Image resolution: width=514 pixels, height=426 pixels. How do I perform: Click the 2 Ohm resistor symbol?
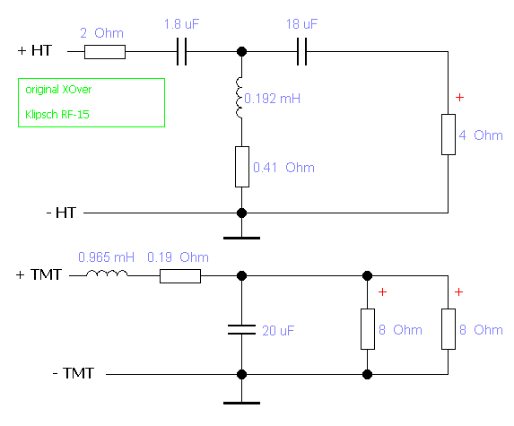tap(105, 52)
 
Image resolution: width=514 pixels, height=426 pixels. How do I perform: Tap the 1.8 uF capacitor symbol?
tap(181, 52)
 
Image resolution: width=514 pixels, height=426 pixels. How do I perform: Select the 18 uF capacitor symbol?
tap(302, 52)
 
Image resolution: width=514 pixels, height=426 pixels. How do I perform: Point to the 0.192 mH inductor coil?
tap(240, 98)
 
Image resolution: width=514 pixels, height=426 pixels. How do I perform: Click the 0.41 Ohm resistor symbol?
tap(242, 167)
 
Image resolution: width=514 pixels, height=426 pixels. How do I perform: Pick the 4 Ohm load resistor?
tap(449, 135)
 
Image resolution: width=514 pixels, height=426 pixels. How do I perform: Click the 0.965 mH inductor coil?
tap(107, 274)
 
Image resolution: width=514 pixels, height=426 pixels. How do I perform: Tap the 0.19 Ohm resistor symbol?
tap(180, 276)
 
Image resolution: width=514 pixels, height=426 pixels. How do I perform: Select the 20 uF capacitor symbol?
tap(242, 330)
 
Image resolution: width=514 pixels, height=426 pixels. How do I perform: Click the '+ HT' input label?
tap(35, 50)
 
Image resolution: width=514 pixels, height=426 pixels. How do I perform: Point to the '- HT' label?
tap(62, 213)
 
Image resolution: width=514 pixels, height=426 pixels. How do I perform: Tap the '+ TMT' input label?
tap(39, 274)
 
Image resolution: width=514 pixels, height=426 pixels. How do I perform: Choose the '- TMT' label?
tap(74, 373)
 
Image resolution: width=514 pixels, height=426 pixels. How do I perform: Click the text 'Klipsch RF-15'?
tap(57, 115)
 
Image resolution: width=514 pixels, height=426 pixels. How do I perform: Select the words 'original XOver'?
tap(58, 90)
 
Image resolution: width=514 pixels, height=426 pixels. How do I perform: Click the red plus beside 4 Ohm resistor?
tap(459, 98)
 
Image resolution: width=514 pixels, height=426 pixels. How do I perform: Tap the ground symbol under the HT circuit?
tap(242, 238)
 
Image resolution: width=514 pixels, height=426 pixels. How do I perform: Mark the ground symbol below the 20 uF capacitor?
tap(242, 403)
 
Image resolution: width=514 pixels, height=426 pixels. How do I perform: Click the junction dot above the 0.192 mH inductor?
tap(242, 51)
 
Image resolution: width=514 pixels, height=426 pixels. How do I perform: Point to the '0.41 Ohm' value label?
tap(283, 168)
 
